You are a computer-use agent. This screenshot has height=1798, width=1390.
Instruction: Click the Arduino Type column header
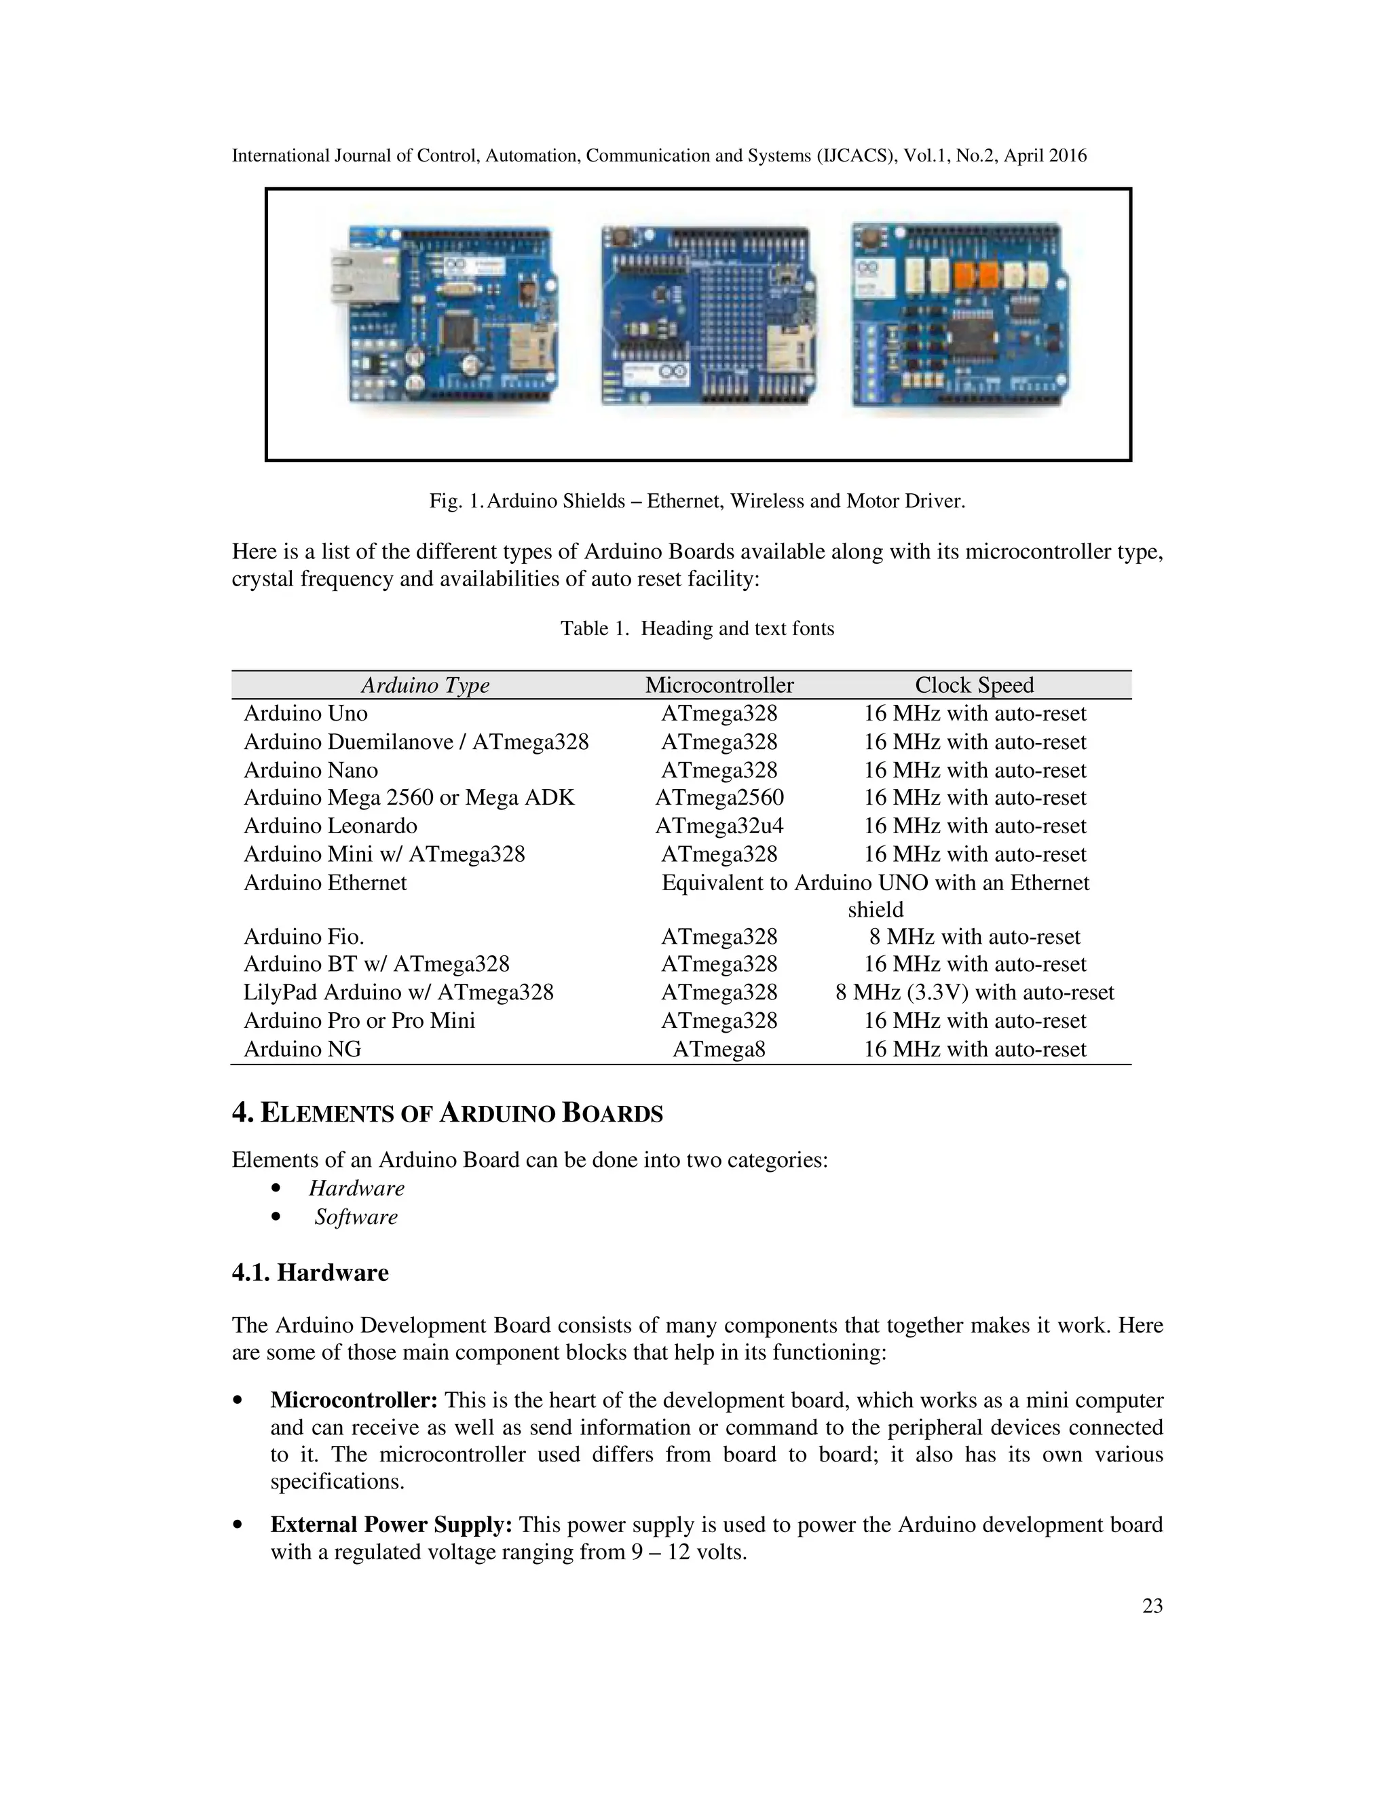coord(425,685)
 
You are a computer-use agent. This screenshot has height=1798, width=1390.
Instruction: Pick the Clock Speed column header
coord(974,685)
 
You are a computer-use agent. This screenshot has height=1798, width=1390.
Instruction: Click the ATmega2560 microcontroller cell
coord(719,798)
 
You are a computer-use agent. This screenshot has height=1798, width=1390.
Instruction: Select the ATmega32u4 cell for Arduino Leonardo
coord(719,826)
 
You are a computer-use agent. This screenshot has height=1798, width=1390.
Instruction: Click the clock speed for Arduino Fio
coord(974,937)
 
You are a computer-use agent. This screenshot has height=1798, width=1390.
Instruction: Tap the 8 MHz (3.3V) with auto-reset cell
coord(974,992)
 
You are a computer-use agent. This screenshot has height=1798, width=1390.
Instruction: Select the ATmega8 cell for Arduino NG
coord(719,1049)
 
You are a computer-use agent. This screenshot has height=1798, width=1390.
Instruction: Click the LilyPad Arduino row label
coord(398,992)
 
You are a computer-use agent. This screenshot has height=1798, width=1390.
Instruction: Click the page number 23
coord(1152,1605)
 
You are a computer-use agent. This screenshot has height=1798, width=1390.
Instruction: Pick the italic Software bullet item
coord(356,1217)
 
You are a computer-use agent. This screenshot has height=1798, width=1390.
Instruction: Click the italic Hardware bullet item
coord(356,1188)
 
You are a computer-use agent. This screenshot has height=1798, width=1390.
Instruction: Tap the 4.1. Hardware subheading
coord(310,1272)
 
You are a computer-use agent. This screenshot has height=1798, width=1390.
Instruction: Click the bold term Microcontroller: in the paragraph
coord(354,1400)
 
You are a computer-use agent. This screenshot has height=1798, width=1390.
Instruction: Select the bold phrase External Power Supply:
coord(391,1525)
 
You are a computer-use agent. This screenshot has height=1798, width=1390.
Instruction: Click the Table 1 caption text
coord(696,628)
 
